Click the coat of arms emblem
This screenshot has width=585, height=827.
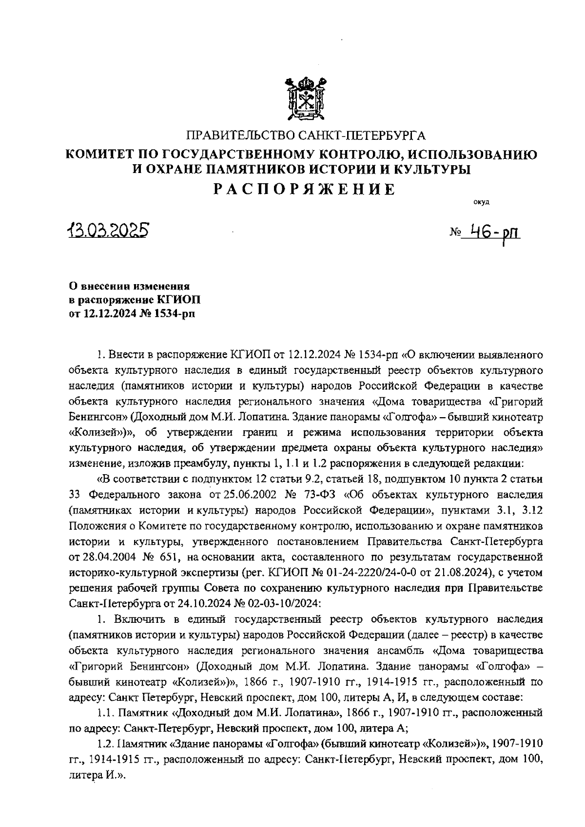click(x=306, y=99)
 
